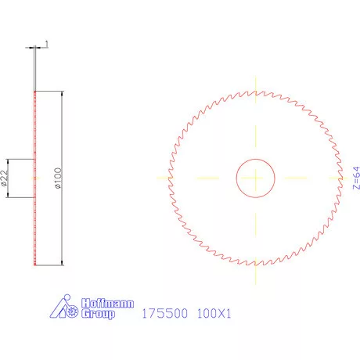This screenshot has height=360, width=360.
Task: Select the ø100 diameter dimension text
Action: (x=58, y=178)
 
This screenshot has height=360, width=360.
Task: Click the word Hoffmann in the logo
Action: (x=109, y=303)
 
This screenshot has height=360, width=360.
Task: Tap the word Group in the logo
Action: (x=99, y=314)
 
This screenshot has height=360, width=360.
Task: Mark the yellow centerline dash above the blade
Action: (x=255, y=83)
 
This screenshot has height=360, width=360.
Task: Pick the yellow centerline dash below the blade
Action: (x=255, y=273)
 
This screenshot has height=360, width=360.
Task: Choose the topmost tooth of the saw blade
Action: (x=255, y=92)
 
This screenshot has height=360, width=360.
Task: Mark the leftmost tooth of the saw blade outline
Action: (x=169, y=178)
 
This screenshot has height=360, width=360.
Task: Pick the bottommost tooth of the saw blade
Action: (x=255, y=265)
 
